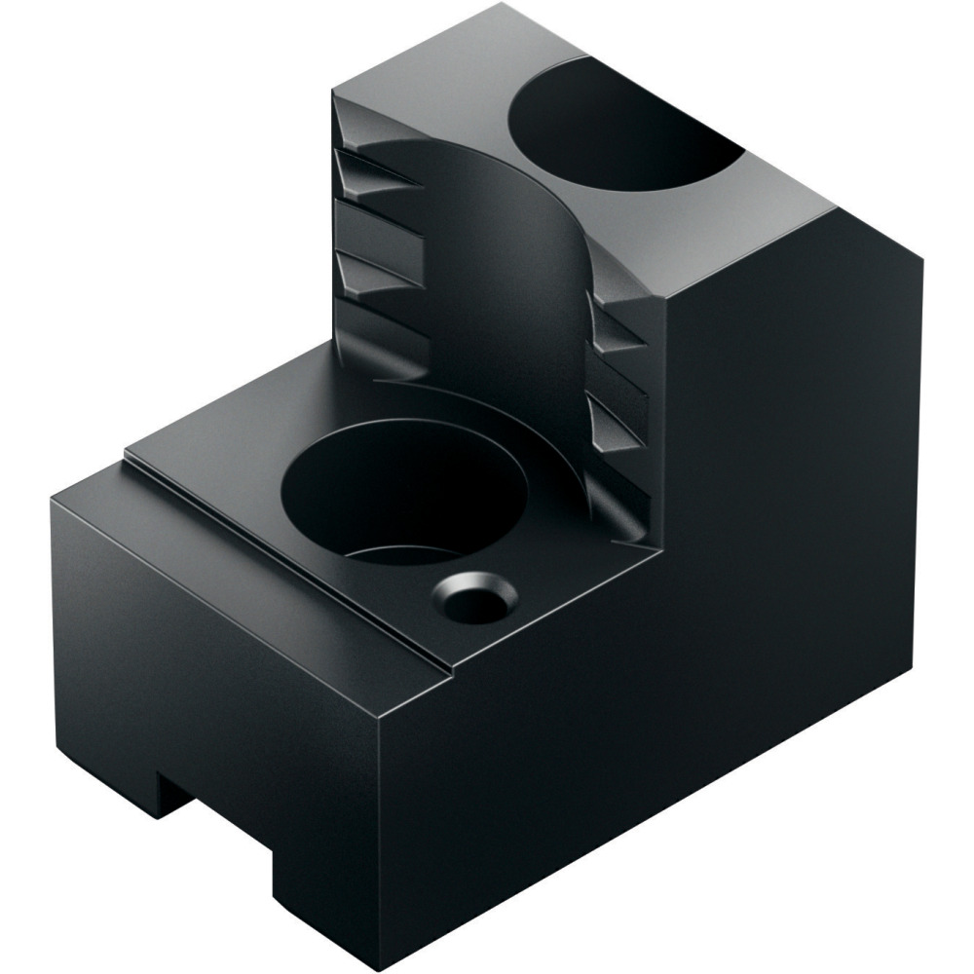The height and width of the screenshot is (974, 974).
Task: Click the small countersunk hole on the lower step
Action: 475,597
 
